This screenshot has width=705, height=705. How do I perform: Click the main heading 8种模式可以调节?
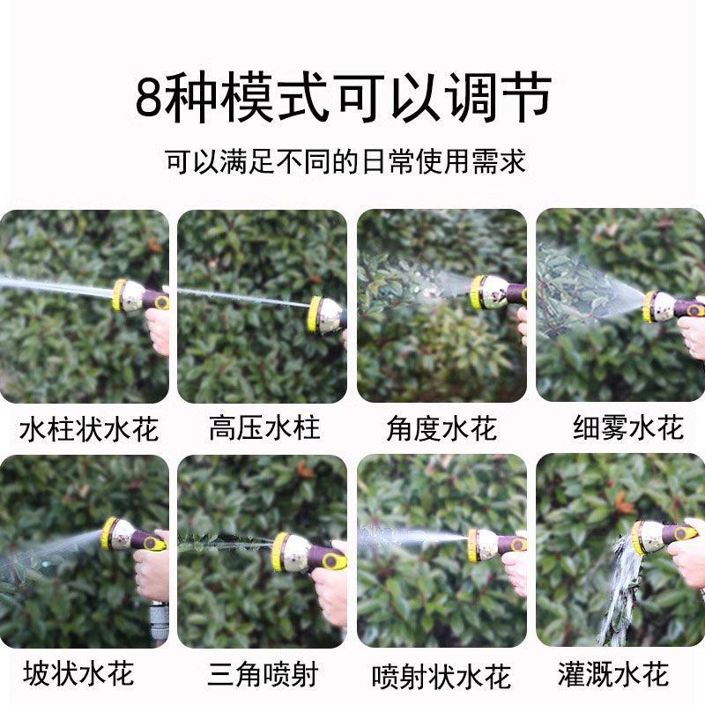point(344,97)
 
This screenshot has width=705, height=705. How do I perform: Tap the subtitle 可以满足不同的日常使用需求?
point(345,161)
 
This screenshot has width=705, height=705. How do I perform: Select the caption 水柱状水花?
point(89,429)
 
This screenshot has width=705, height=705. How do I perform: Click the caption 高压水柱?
point(264,427)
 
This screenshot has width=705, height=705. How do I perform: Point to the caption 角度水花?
point(442,428)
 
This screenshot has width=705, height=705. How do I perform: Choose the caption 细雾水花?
point(628,427)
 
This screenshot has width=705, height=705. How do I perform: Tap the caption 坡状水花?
point(78,673)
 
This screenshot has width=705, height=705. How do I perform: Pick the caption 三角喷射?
point(263,673)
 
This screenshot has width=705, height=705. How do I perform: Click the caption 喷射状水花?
point(442,676)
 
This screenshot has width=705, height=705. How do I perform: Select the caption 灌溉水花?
point(612,673)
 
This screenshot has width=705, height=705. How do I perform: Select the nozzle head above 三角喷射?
point(289,553)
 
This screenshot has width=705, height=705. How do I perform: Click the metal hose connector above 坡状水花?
point(159,623)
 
